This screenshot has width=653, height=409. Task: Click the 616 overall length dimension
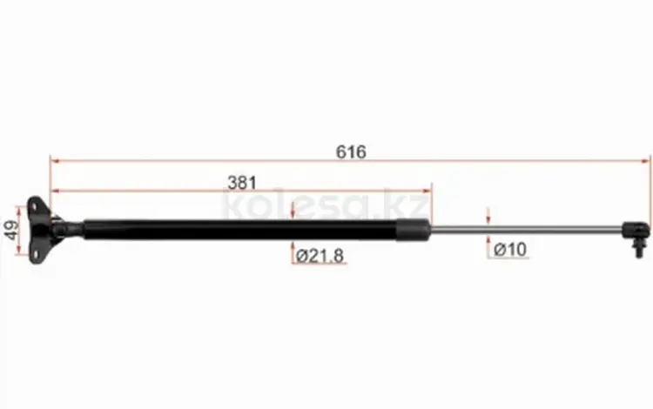tap(351, 152)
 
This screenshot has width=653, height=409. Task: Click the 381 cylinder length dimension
tap(242, 182)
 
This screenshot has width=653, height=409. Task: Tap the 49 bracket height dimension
tap(11, 230)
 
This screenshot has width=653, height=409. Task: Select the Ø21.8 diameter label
tap(320, 256)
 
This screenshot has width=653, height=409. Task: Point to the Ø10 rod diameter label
tap(510, 250)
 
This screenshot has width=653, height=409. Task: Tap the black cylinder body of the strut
tap(240, 229)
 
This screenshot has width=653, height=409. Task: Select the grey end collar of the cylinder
tap(413, 229)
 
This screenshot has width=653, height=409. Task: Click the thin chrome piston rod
tap(526, 228)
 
